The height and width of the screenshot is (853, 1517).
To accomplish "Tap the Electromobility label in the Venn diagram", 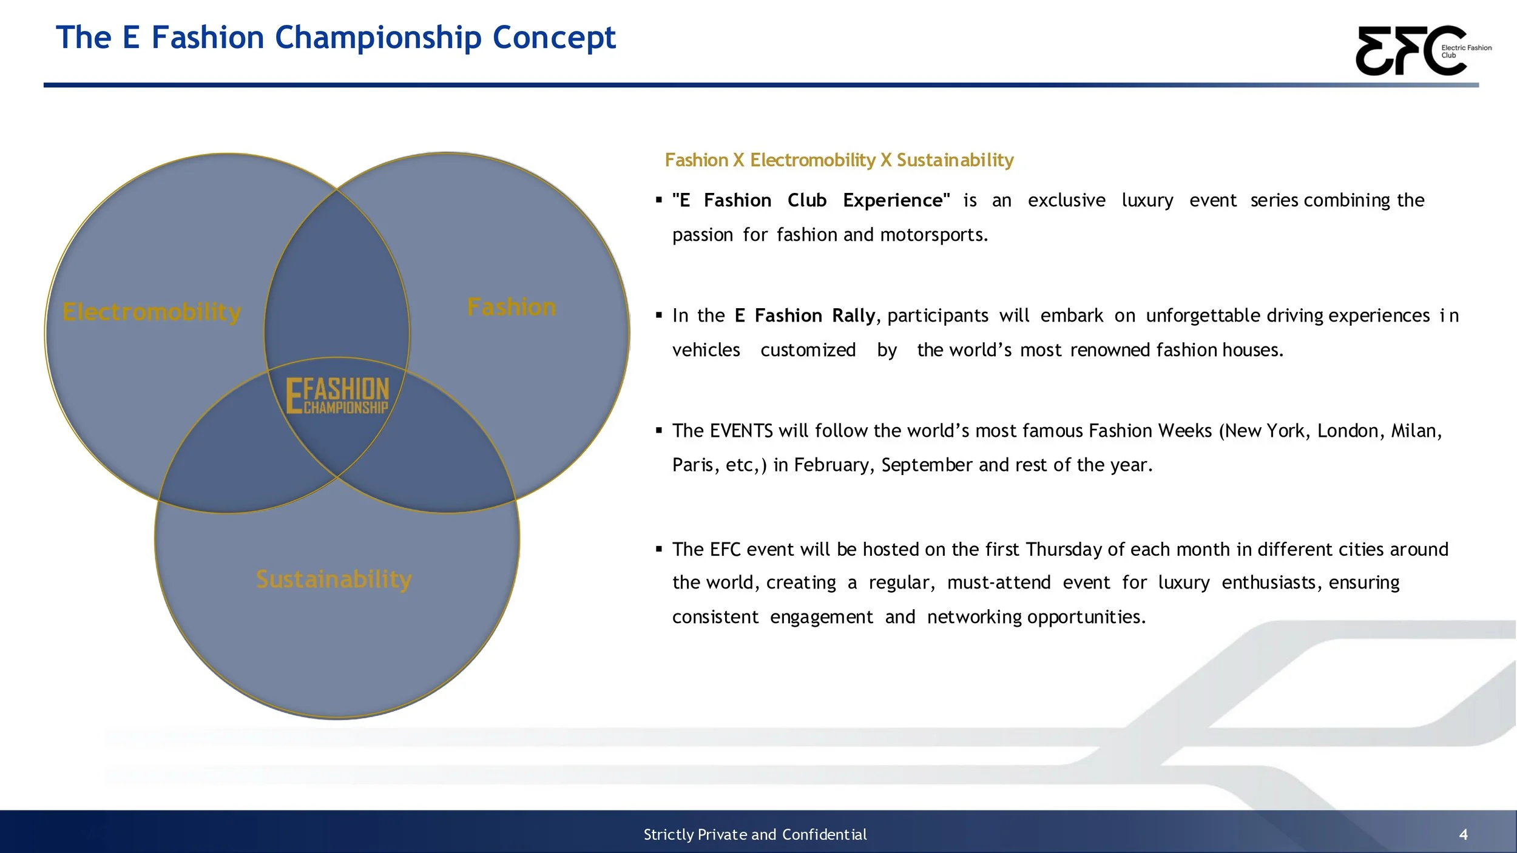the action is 152,312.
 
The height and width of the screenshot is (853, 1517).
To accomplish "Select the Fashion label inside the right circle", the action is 512,307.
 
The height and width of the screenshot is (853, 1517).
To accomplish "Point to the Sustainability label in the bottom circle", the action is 334,579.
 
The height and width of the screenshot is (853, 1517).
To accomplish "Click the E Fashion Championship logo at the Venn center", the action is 337,396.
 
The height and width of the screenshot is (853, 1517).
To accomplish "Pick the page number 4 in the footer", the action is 1463,835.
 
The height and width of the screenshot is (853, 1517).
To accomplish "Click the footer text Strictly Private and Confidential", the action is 755,835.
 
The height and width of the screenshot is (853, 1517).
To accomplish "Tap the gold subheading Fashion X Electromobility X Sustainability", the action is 839,160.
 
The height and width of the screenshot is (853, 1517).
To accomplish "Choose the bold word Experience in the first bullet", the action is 896,200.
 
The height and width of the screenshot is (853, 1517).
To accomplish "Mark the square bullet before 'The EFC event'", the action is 659,549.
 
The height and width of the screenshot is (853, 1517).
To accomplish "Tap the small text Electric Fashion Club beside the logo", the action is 1465,51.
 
